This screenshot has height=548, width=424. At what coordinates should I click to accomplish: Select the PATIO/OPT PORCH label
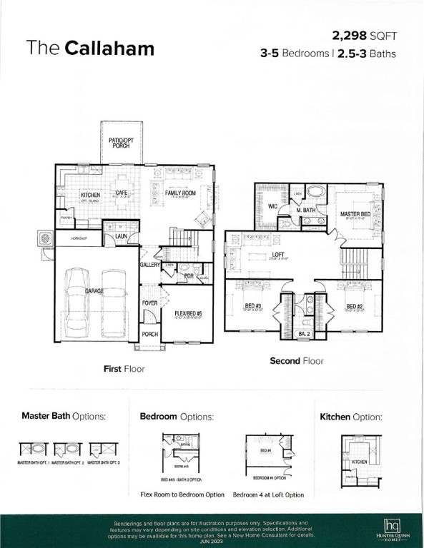[x=121, y=143]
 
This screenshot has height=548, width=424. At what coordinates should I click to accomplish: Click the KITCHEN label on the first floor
[x=90, y=195]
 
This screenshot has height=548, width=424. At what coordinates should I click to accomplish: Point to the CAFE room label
[x=122, y=193]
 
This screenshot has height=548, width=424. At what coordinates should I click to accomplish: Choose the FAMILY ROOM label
[x=180, y=193]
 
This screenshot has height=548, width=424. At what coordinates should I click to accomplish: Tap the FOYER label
[x=149, y=303]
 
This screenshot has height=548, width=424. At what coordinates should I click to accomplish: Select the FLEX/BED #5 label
[x=188, y=313]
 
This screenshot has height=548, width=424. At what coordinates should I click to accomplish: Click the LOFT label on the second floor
[x=278, y=255]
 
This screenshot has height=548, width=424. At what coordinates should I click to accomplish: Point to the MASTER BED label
[x=355, y=214]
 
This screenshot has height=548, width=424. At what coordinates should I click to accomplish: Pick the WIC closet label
[x=272, y=206]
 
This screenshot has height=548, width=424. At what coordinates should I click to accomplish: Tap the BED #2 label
[x=355, y=307]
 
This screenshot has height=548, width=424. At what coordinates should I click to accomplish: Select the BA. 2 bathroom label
[x=303, y=333]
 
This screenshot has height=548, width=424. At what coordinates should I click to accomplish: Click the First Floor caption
[x=124, y=369]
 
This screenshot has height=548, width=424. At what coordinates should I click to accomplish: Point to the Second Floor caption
[x=296, y=361]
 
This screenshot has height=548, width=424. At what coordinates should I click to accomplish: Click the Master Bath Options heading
[x=64, y=416]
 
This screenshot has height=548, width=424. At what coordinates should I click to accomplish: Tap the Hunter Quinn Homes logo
[x=392, y=529]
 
